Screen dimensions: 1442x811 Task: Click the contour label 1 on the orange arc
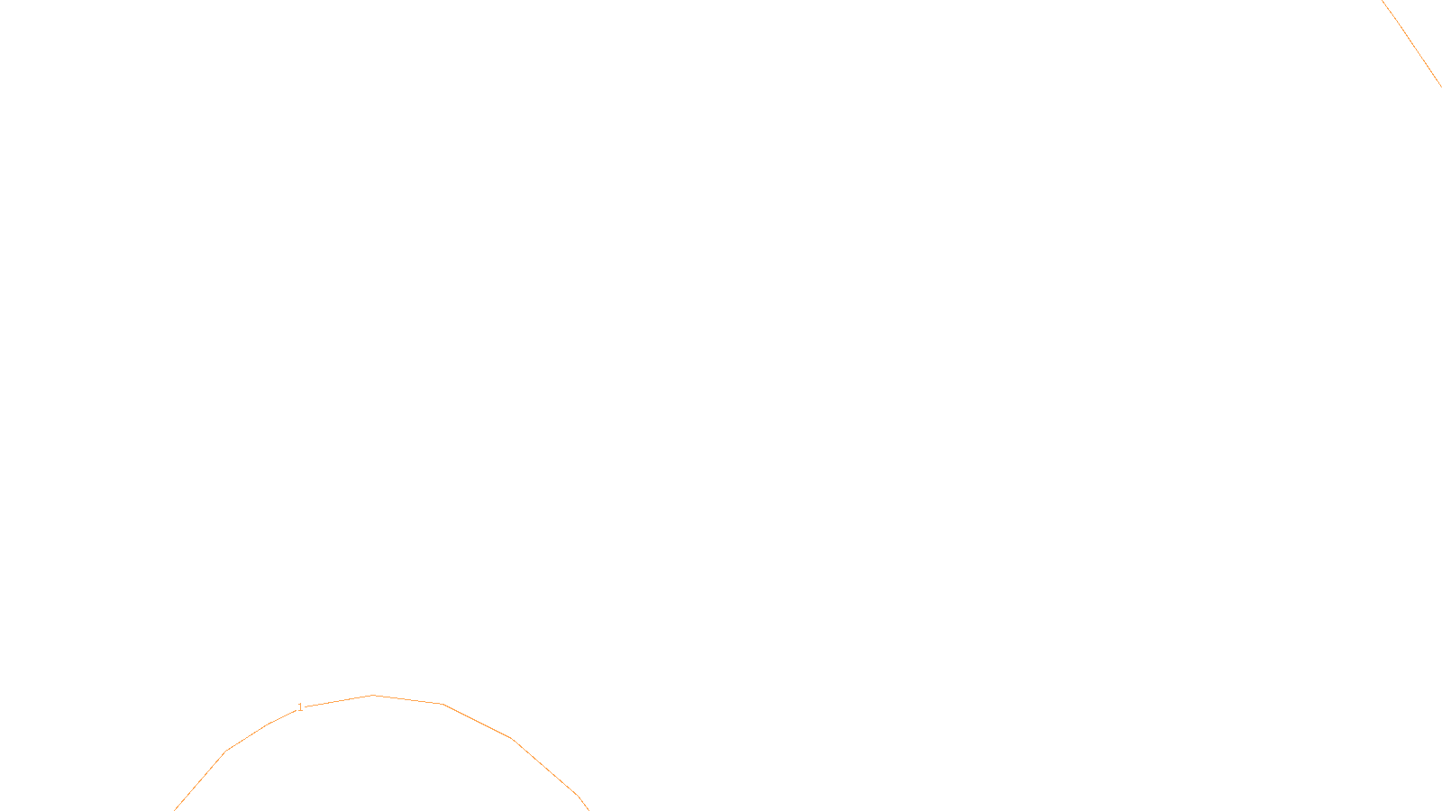point(300,707)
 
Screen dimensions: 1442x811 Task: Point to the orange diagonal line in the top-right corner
point(1412,44)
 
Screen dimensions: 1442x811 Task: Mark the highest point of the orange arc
point(373,695)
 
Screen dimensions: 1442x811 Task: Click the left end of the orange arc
point(176,808)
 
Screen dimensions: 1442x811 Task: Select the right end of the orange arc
point(588,808)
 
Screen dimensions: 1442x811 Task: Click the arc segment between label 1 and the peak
point(338,701)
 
